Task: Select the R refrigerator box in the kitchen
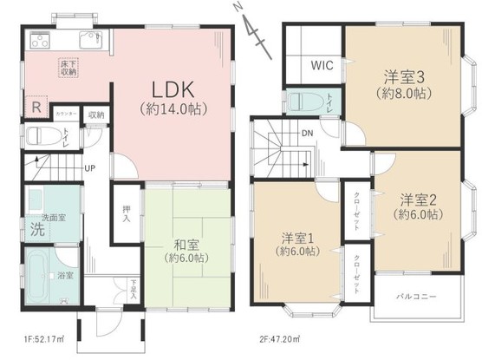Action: [x=36, y=107]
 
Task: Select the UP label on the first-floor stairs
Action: [x=90, y=168]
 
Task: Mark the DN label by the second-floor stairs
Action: [x=306, y=133]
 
